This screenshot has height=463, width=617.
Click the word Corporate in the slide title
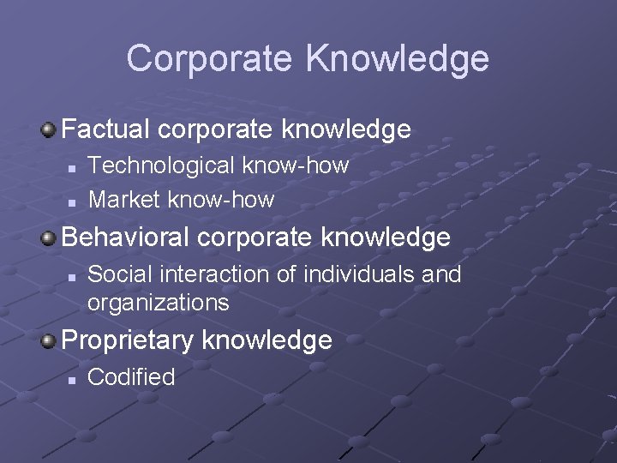pos(210,59)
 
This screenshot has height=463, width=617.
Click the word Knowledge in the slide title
pos(397,59)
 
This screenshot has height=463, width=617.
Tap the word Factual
pos(107,129)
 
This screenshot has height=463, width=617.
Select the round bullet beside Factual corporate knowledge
pos(49,130)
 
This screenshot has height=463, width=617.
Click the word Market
pos(124,200)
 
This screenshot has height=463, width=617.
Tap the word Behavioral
pos(130,237)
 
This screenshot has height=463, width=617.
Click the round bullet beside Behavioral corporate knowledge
pos(49,238)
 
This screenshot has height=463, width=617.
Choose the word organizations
pos(158,303)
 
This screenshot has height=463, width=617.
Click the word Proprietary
pos(128,340)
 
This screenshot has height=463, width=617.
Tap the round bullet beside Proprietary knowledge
pos(49,341)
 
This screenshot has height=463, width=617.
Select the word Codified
pos(131,376)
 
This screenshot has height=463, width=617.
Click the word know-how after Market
pos(220,200)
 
